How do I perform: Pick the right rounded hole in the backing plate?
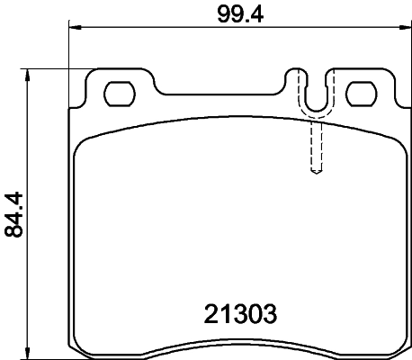361,92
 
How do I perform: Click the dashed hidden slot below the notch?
314,144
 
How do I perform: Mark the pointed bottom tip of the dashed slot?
314,175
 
